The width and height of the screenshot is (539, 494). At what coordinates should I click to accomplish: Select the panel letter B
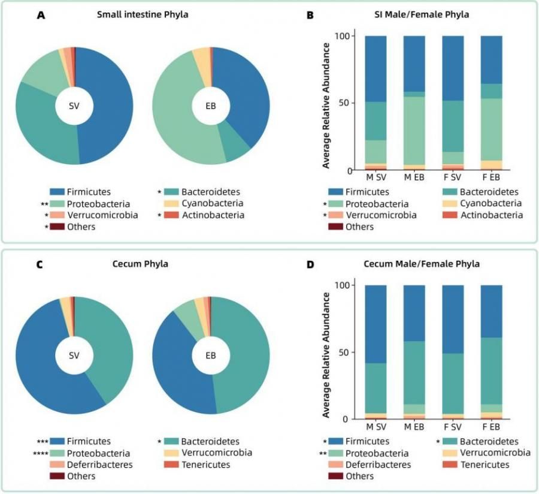point(310,16)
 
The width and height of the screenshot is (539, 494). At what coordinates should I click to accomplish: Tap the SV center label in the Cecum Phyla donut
point(74,355)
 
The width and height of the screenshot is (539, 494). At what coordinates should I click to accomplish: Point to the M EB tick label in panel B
point(414,178)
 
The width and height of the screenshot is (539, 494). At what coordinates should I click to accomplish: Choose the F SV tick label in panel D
point(453,427)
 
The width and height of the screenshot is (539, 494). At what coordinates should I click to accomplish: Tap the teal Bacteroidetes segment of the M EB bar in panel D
point(414,372)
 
